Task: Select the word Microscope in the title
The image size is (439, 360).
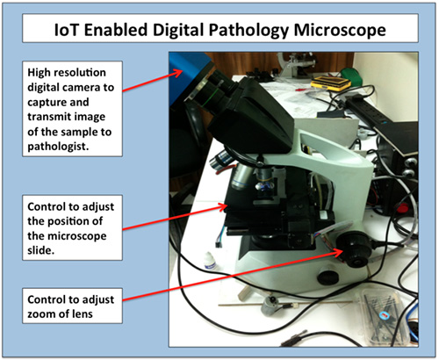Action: [340, 31]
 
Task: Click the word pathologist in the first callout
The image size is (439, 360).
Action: [58, 147]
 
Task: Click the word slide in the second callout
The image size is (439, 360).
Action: [40, 250]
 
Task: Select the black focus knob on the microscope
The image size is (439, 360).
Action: [354, 249]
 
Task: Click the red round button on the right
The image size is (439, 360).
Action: [403, 208]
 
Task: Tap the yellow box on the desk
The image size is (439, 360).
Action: [330, 82]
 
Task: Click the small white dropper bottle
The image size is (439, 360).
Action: [210, 261]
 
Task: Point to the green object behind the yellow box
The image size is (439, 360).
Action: [351, 75]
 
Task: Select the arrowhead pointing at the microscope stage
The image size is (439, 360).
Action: [223, 207]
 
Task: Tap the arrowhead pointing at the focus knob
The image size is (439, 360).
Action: [339, 252]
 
